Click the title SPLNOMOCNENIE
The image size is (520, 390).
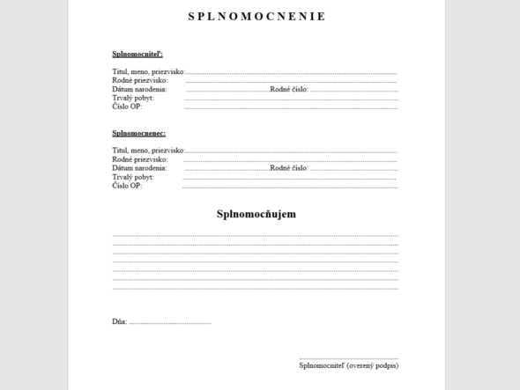coord(256,16)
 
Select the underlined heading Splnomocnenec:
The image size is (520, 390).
coord(139,133)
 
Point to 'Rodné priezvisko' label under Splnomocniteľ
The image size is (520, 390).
coord(140,81)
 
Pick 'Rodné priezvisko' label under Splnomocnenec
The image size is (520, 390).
coord(140,159)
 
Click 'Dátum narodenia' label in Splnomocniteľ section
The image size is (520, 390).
coord(139,90)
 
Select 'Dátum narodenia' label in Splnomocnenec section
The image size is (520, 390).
coord(139,168)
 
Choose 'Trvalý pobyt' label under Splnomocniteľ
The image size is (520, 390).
coord(133,99)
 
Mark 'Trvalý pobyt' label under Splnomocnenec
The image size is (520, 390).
coord(133,177)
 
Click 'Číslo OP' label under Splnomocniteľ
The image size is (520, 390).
coord(127,107)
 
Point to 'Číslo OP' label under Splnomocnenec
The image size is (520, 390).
coord(127,186)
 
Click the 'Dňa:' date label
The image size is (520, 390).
coord(120,322)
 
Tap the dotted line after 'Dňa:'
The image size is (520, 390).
coord(170,324)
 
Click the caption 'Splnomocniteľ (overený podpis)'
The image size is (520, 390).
coord(349,365)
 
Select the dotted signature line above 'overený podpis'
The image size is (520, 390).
coord(349,358)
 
